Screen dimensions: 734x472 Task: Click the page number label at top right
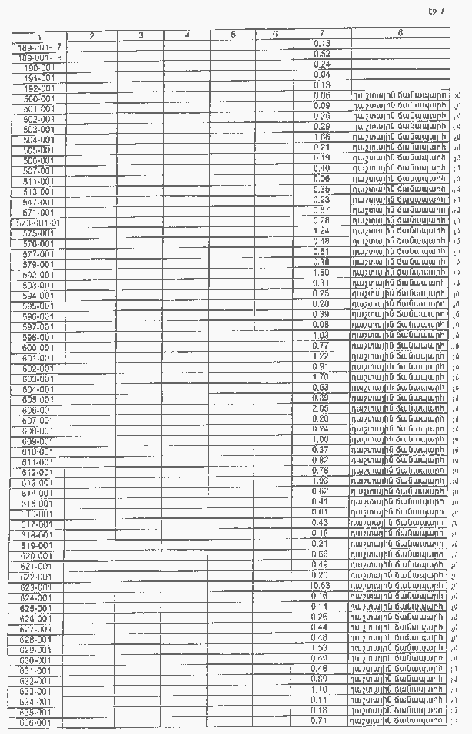(437, 11)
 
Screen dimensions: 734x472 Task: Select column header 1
(38, 36)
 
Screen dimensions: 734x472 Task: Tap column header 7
(321, 33)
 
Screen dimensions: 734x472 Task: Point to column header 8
(401, 33)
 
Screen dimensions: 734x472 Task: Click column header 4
(187, 35)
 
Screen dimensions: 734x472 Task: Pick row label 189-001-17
(38, 47)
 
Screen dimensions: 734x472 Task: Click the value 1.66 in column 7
(321, 137)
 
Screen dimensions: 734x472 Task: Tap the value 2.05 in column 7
(321, 408)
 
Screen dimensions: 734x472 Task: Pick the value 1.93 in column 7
(321, 481)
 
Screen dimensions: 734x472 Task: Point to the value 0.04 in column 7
(321, 74)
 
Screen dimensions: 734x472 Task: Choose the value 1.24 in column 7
(321, 230)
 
